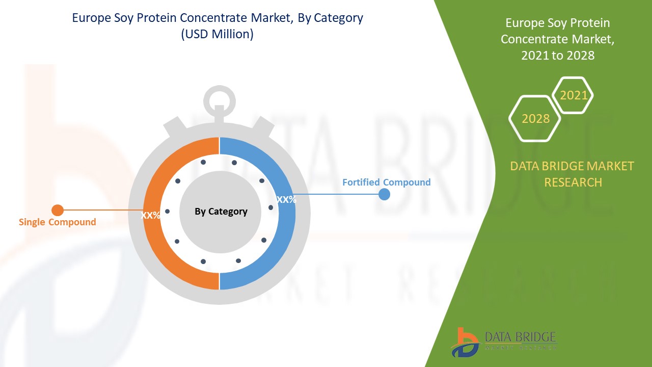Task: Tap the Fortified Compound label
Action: [386, 182]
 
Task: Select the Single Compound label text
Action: [57, 222]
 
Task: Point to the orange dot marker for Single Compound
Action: [58, 210]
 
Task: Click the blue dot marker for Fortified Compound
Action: [385, 194]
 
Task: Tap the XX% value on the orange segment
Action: [150, 216]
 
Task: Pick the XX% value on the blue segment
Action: [286, 199]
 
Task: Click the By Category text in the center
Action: [221, 211]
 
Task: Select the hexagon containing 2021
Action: [574, 95]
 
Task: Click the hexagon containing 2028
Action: [535, 119]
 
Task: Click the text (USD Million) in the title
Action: [218, 35]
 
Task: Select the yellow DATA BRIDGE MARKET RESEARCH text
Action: [572, 174]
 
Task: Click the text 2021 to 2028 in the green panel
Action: [558, 56]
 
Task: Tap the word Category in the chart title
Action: [338, 18]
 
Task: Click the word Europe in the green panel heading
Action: [524, 23]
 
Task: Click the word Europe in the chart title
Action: [90, 18]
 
